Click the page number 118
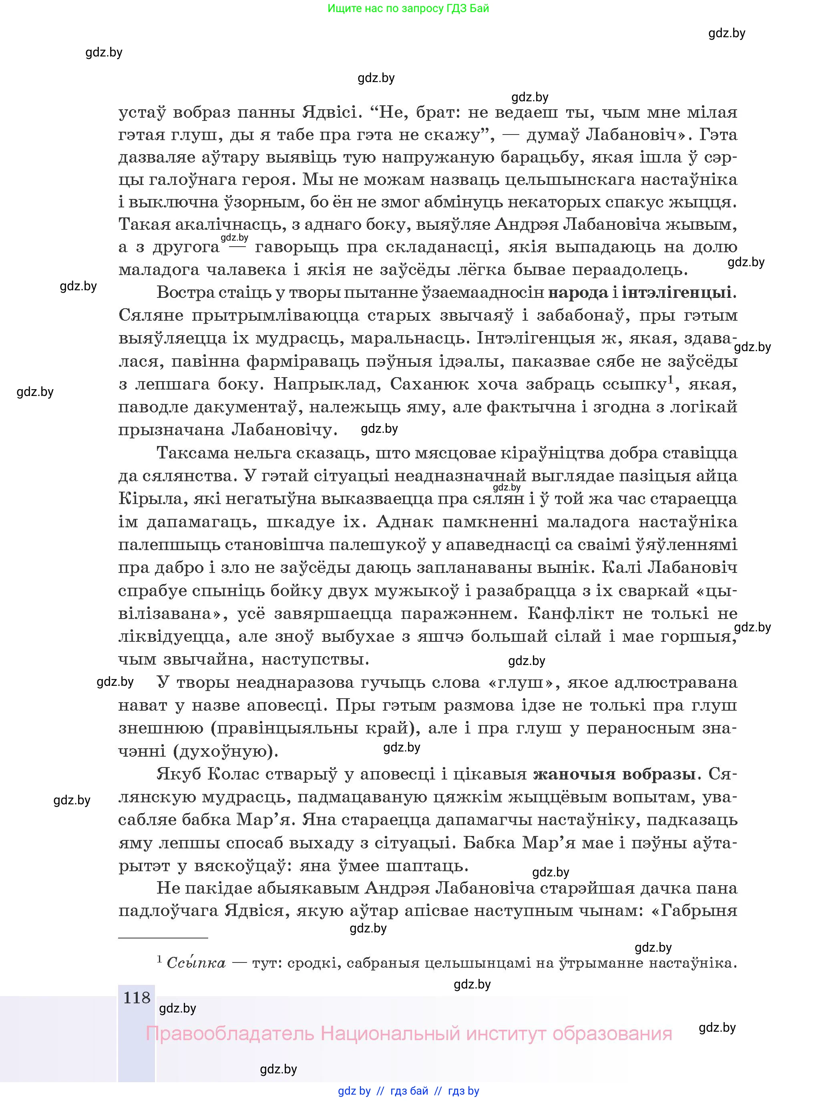[x=136, y=998]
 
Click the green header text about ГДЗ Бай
[x=408, y=8]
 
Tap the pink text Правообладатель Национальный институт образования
[x=408, y=1034]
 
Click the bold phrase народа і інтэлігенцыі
[x=639, y=293]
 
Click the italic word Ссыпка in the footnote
[x=196, y=963]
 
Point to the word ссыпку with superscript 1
[x=635, y=384]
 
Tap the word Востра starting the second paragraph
[x=184, y=293]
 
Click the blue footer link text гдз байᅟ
[x=409, y=1091]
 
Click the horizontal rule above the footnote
[x=163, y=937]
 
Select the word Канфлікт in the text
[x=565, y=614]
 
